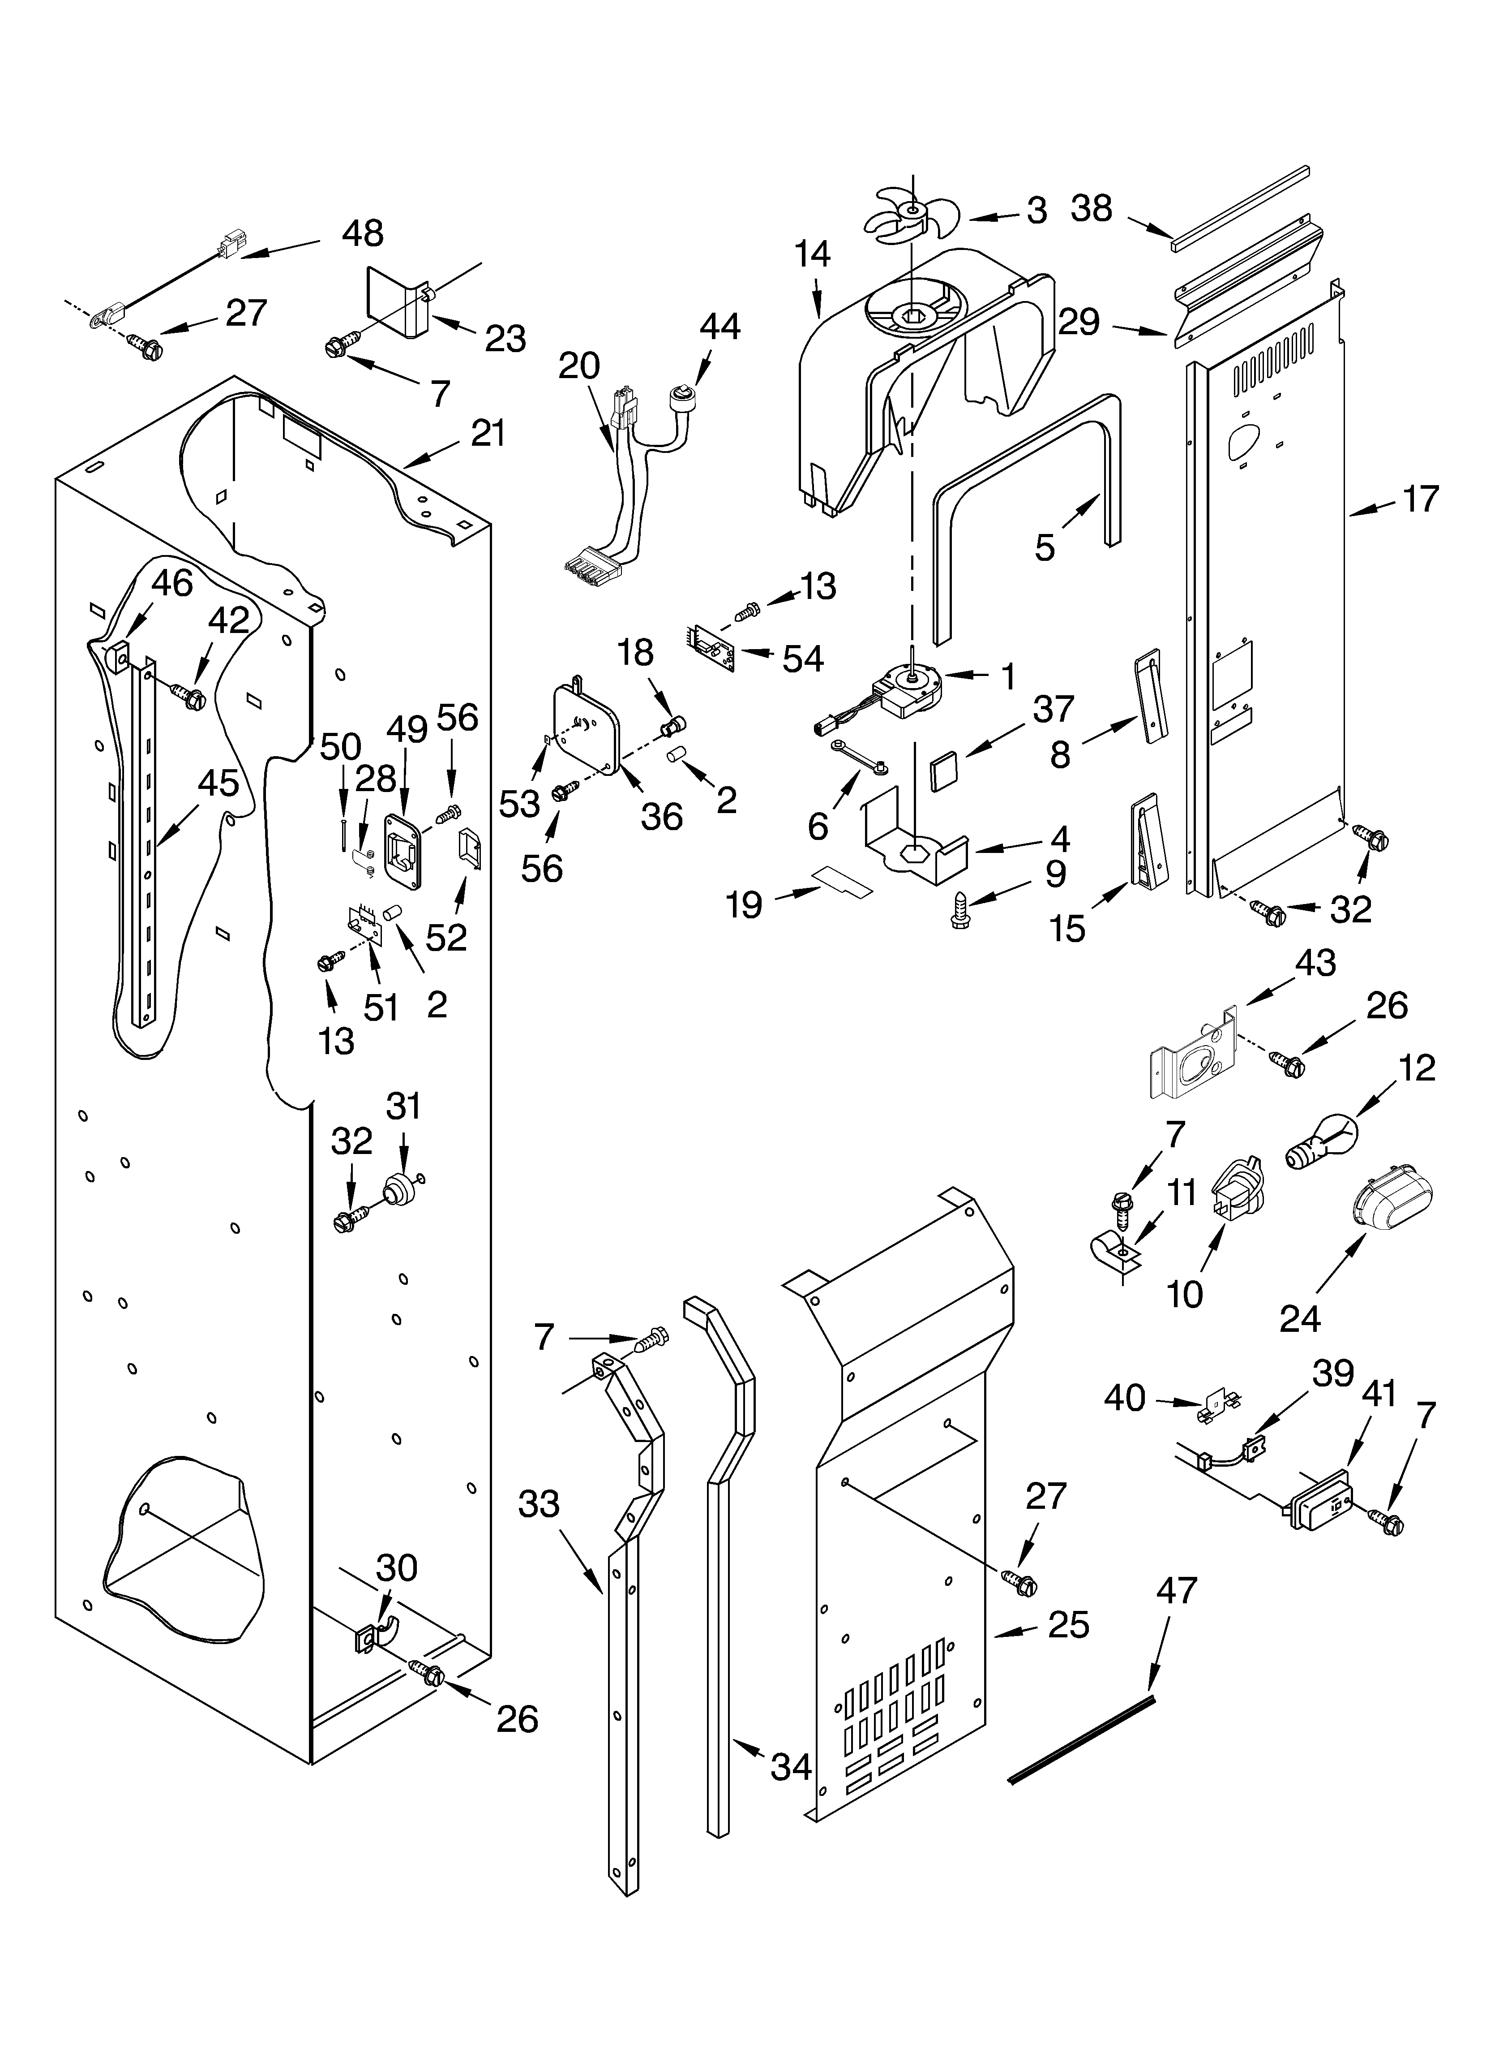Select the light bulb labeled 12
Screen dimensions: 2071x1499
[1322, 1146]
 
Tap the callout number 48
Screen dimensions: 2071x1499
[362, 234]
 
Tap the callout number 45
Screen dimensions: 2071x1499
[218, 784]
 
